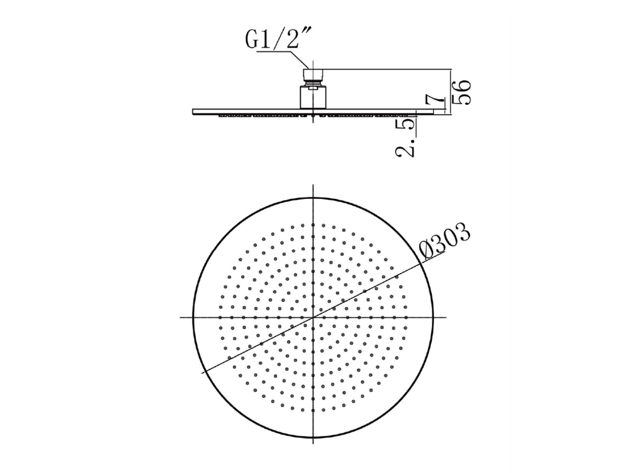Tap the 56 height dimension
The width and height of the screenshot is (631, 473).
pos(462,92)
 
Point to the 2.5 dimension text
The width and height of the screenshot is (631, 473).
pos(405,136)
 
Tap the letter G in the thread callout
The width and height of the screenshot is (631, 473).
pos(252,39)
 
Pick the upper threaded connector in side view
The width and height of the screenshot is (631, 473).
pos(312,75)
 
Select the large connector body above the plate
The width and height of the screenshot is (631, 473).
pos(312,97)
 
